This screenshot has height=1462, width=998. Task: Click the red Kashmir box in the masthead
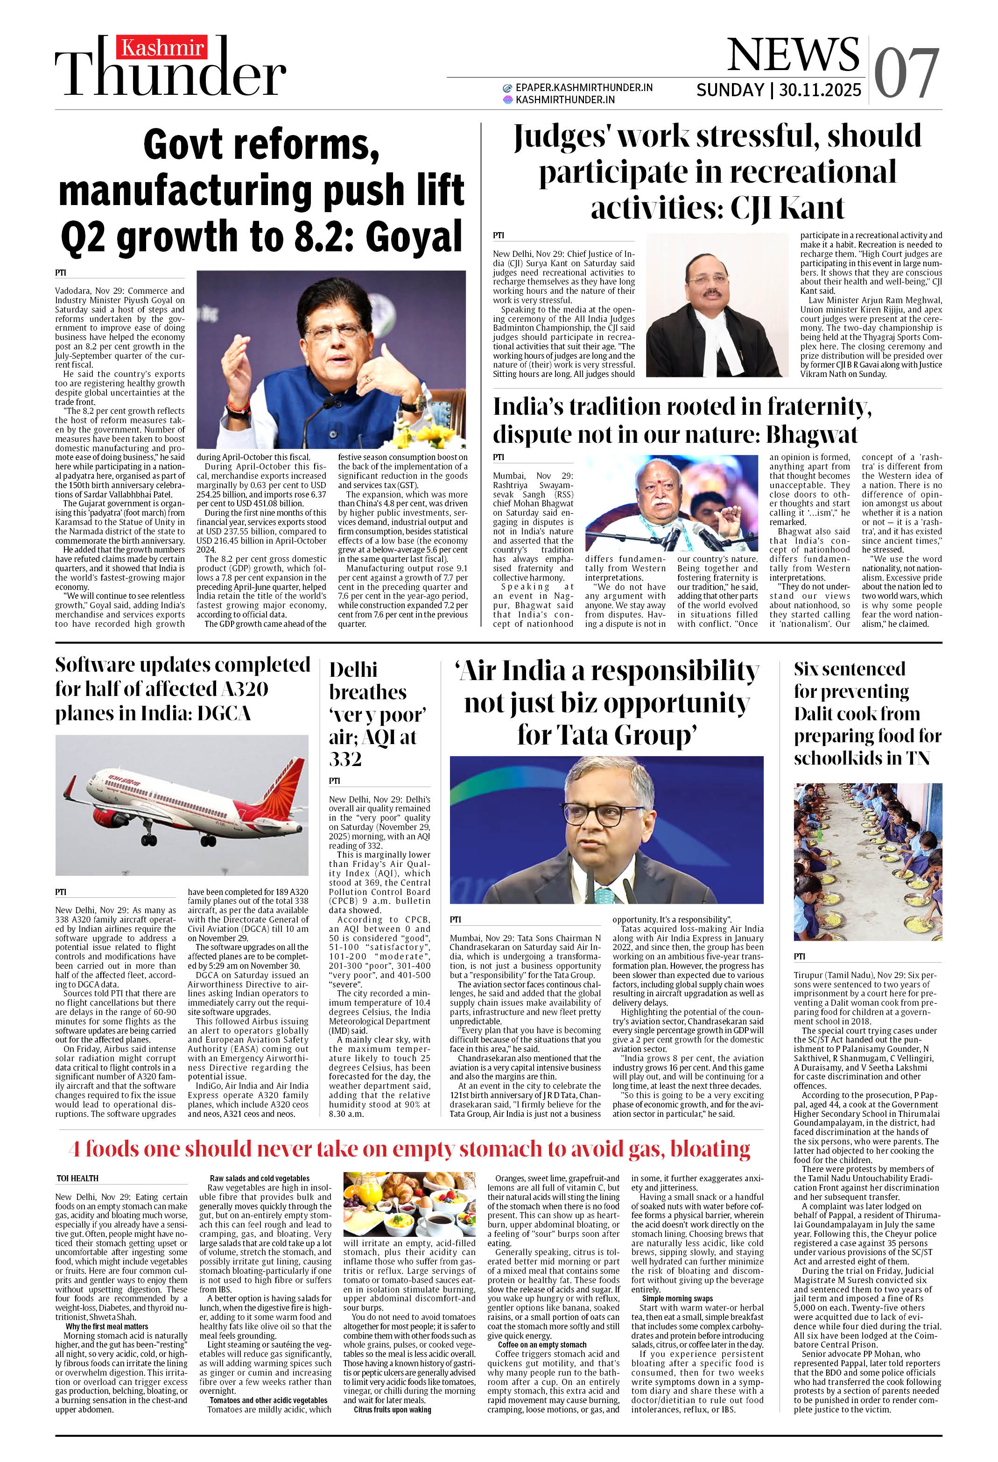[x=162, y=48]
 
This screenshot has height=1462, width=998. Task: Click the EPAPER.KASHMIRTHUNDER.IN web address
[x=583, y=87]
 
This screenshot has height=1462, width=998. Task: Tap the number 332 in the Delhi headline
[x=345, y=759]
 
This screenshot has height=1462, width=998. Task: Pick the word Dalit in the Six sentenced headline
[x=819, y=713]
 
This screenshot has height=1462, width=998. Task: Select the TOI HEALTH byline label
[x=77, y=1178]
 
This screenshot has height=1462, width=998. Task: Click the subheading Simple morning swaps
[x=677, y=1299]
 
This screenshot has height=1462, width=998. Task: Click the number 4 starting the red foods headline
[x=75, y=1150]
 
